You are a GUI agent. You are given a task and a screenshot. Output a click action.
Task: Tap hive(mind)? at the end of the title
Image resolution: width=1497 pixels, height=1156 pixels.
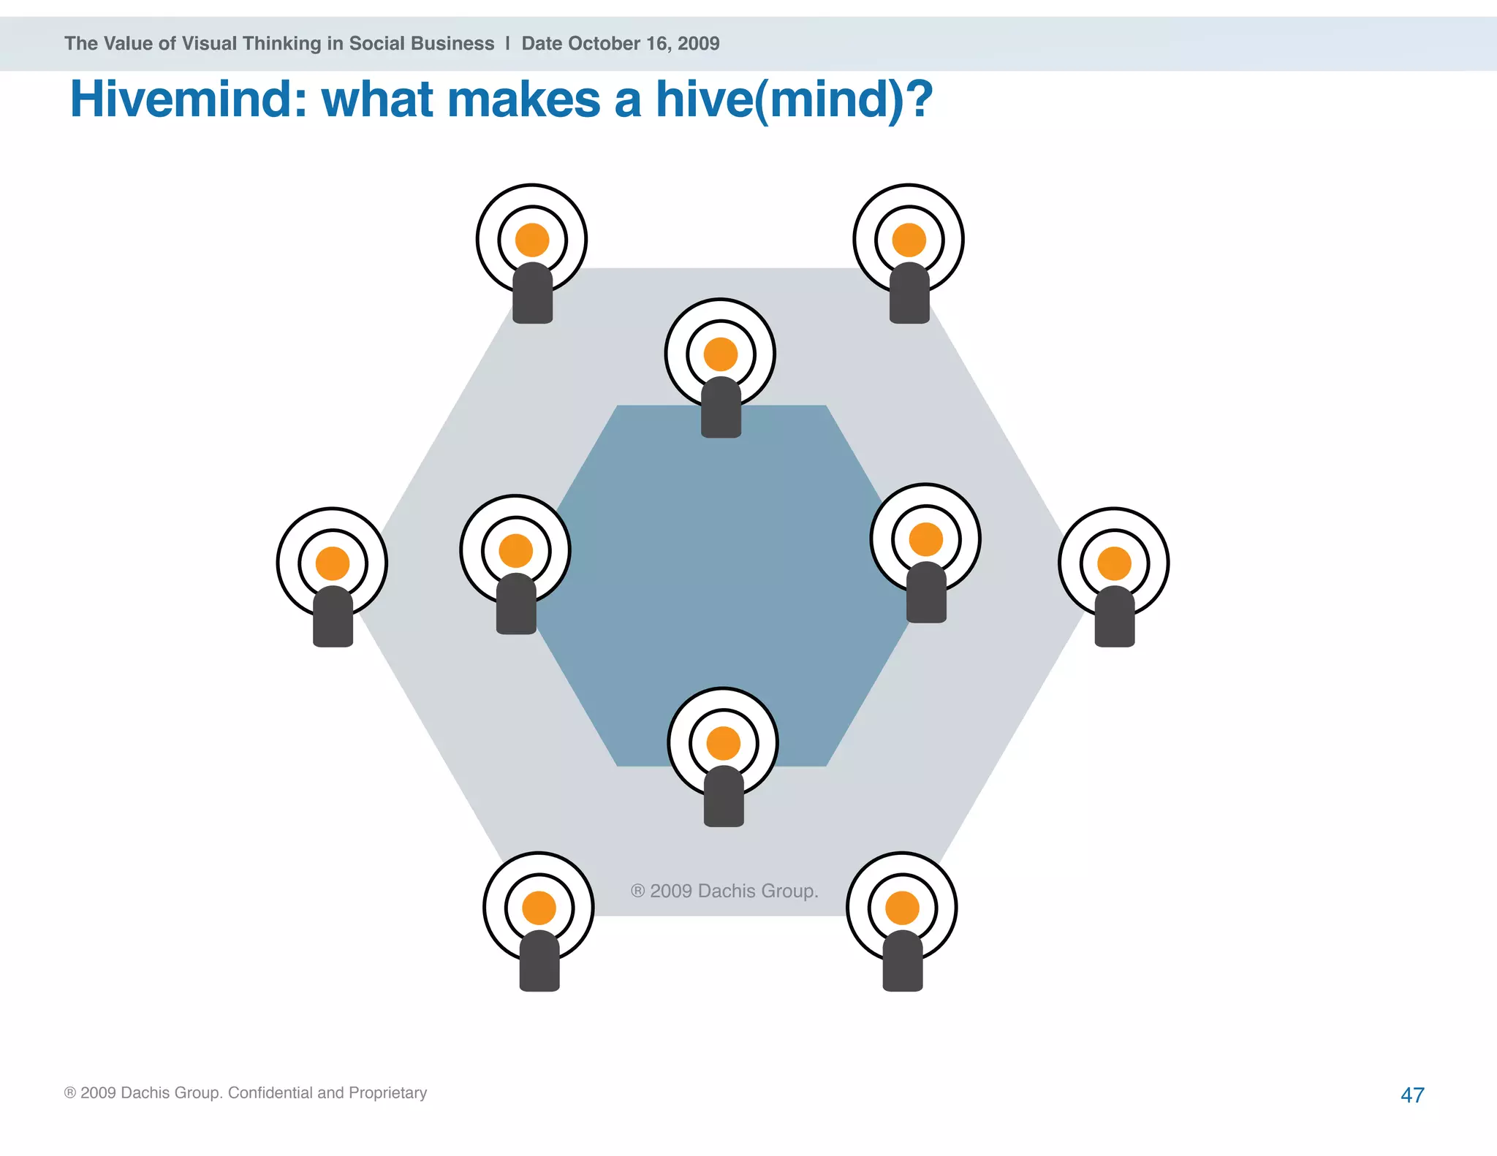[x=794, y=99]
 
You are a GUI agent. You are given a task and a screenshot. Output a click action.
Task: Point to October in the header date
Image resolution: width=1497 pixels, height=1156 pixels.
[x=605, y=44]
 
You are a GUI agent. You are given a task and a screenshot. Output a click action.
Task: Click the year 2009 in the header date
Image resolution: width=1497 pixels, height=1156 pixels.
[x=698, y=44]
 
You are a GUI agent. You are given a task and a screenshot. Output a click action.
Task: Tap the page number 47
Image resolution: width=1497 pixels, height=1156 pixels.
[x=1412, y=1095]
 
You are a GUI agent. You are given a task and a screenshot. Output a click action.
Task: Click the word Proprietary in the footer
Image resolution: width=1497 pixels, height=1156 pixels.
[x=387, y=1092]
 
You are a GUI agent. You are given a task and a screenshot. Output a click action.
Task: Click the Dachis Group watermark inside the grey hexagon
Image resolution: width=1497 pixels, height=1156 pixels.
[x=724, y=891]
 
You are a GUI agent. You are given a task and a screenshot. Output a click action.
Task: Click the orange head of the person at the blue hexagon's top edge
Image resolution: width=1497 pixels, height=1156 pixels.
[x=721, y=354]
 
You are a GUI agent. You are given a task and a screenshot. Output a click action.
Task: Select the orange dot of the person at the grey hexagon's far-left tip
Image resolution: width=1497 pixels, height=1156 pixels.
[x=333, y=563]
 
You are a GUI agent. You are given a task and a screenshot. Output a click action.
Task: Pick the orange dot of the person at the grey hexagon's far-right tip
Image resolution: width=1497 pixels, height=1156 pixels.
[x=1114, y=563]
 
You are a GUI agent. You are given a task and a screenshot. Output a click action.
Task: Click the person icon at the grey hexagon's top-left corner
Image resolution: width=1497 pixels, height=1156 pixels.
[x=532, y=252]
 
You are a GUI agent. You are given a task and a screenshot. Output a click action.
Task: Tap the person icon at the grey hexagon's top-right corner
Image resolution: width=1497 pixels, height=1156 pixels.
[x=909, y=252]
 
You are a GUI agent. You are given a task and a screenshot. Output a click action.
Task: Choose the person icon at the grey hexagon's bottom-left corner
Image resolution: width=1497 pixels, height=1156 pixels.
[x=539, y=920]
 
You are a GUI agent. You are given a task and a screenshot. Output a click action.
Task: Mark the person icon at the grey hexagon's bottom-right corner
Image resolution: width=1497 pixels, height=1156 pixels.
[x=902, y=920]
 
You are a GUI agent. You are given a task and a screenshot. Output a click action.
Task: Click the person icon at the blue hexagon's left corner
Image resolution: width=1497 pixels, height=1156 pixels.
[x=515, y=563]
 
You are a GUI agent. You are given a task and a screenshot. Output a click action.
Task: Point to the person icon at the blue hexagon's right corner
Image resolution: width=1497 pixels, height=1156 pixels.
[x=926, y=552]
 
